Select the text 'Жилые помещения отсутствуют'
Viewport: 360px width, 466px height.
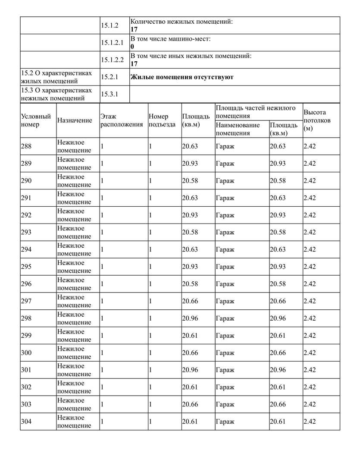point(182,77)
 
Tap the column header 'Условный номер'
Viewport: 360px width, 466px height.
point(36,120)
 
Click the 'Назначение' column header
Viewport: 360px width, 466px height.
point(75,120)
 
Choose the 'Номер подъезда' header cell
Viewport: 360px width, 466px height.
point(162,120)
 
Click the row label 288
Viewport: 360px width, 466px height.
point(26,146)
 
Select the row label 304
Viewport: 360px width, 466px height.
point(26,422)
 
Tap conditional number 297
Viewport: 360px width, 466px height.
point(26,301)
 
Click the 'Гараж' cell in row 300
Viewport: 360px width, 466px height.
point(225,353)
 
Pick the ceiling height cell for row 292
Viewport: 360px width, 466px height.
point(310,215)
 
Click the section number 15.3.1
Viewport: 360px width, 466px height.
point(110,94)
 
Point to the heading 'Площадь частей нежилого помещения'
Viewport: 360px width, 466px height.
point(255,112)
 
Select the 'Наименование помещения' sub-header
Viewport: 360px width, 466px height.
point(238,129)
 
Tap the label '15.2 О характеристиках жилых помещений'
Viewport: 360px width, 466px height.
point(56,77)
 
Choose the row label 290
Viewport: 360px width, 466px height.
point(26,181)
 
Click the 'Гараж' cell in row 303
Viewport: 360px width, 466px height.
point(225,404)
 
